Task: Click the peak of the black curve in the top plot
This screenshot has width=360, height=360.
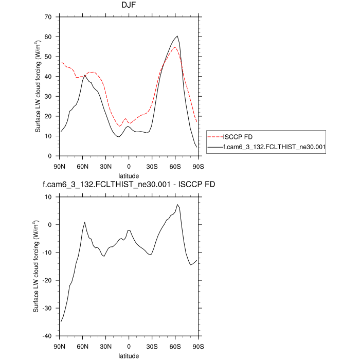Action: point(177,36)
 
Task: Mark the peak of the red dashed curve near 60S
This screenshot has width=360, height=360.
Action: point(175,47)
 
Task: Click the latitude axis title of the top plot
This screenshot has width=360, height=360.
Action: point(129,175)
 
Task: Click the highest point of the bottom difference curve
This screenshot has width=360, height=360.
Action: point(177,205)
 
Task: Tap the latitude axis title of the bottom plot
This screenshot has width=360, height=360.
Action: point(129,355)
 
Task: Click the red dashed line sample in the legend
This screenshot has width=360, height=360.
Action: point(214,137)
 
